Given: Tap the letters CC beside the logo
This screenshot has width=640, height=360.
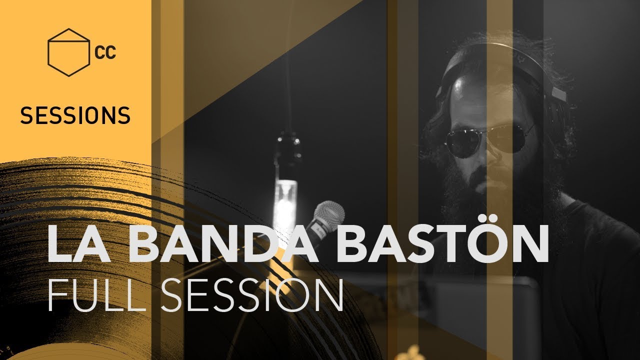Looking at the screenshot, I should (104, 52).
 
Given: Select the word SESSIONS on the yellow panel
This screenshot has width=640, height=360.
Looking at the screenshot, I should (75, 116).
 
